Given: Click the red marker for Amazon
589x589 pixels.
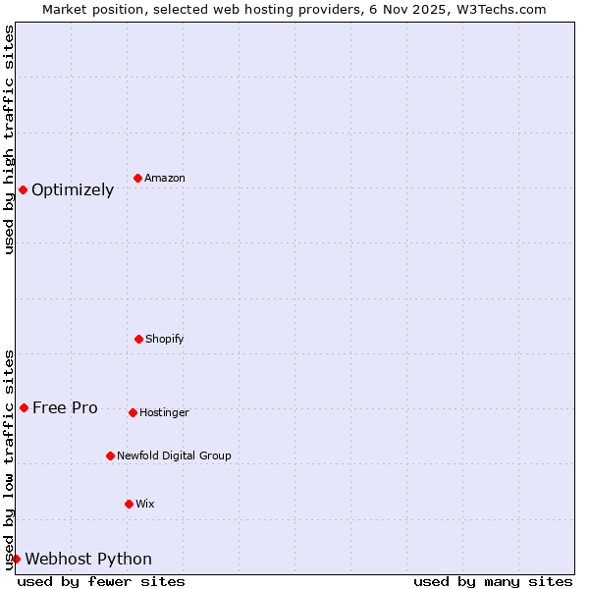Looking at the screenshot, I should pos(137,178).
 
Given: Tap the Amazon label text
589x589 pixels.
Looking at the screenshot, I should pos(165,178).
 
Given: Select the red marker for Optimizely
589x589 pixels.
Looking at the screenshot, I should pos(23,189).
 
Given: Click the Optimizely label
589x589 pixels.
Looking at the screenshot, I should pos(73,189).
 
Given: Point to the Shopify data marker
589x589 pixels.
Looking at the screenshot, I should pos(138,339).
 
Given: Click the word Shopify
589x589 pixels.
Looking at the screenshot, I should pos(165,339).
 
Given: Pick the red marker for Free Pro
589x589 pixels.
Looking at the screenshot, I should pos(24,407).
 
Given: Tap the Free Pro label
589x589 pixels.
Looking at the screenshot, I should pos(65,407).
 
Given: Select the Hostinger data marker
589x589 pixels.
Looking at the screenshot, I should pos(133,412).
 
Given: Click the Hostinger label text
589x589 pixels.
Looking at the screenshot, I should pos(164,412).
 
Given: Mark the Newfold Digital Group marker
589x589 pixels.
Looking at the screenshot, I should pos(110,455).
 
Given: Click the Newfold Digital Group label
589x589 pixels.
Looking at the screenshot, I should pos(174,455).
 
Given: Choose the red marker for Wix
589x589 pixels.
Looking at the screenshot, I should pos(129,504).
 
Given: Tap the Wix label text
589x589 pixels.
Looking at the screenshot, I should pos(145,504).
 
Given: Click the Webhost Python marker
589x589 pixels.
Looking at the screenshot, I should pos(16,559).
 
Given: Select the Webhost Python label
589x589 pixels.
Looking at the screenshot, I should pos(88,559).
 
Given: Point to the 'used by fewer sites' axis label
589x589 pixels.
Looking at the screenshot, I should pos(101,581).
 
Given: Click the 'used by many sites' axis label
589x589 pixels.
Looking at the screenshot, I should pos(493,581).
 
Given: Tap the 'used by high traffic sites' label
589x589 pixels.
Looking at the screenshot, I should pos(9,140).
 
